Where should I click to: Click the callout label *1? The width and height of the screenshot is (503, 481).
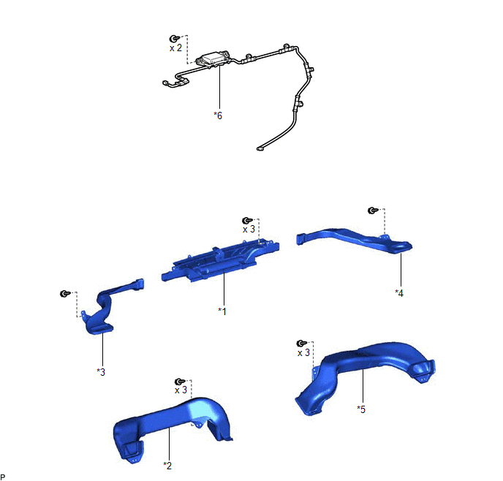click(x=222, y=311)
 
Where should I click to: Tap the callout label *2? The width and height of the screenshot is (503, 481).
click(x=167, y=466)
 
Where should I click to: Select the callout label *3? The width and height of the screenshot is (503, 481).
click(x=101, y=372)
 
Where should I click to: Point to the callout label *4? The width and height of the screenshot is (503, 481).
click(x=399, y=293)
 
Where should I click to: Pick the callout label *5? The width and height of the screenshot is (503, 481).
click(x=361, y=409)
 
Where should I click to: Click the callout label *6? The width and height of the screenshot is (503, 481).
click(x=218, y=115)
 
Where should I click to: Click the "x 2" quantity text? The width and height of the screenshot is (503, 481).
click(x=175, y=48)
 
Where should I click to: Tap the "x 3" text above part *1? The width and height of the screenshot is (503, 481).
click(x=249, y=230)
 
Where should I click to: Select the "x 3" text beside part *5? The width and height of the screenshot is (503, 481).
click(x=303, y=353)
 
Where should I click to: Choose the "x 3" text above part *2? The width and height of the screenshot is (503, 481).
click(x=181, y=390)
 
